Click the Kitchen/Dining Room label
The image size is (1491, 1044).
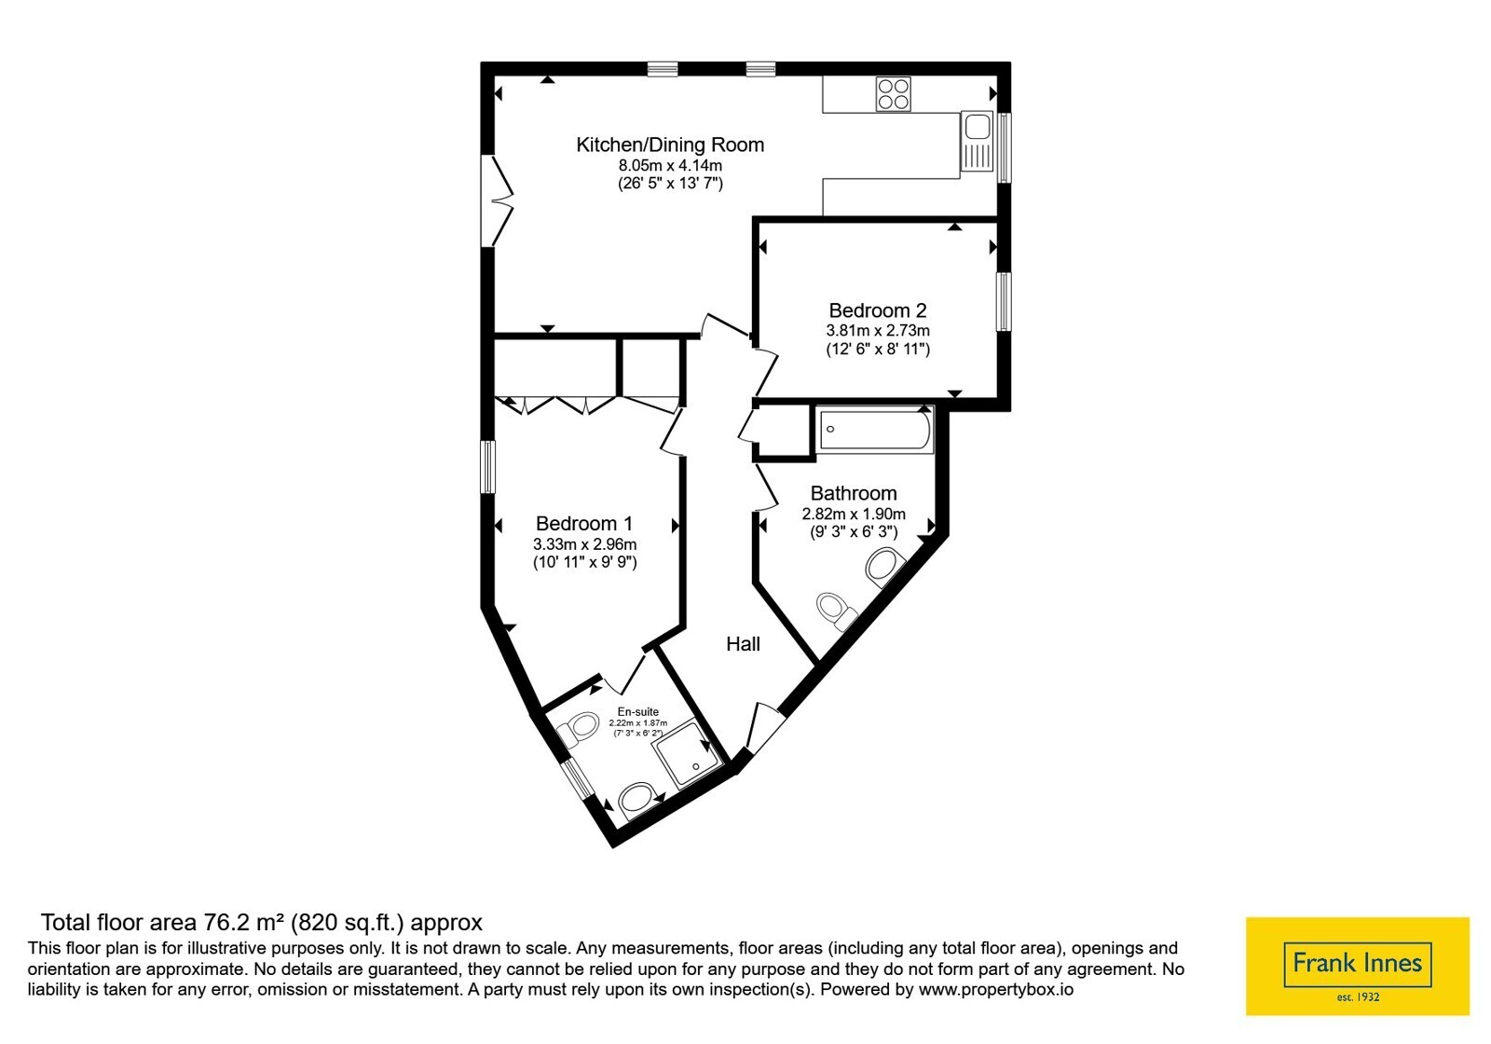coord(670,144)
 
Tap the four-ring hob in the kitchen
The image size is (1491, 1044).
coord(894,94)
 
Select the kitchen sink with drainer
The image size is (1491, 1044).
coord(977,141)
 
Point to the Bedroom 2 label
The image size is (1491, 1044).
coord(877,310)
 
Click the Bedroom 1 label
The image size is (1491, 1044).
coord(583,523)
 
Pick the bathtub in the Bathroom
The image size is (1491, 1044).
coord(875,429)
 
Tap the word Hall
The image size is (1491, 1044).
coord(743,644)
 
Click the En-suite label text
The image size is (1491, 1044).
coord(637,712)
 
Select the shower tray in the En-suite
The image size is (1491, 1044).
coord(688,763)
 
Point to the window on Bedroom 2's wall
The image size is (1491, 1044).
coord(1003,301)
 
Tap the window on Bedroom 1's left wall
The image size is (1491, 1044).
coord(488,467)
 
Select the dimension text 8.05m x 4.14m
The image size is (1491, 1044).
coord(670,165)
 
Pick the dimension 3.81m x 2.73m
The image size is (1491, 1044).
coord(878,330)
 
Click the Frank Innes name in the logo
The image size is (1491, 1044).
coord(1357,963)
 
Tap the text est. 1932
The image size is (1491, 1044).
coord(1358,997)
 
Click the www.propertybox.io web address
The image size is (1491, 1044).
coord(996,989)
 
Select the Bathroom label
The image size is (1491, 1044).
coord(854,493)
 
